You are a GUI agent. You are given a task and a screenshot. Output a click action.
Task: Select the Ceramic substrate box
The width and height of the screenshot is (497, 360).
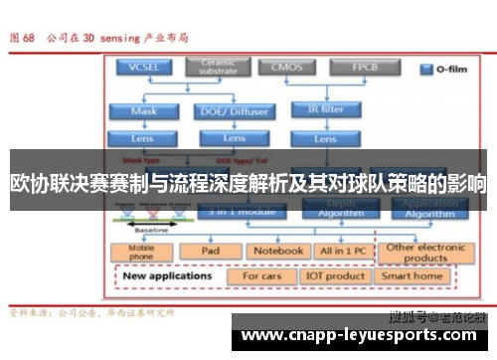[x=219, y=68]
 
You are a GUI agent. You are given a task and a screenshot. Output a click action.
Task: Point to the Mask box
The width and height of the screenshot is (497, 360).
[x=145, y=111]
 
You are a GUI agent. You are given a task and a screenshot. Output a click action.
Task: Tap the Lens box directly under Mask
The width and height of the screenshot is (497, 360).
[x=145, y=139]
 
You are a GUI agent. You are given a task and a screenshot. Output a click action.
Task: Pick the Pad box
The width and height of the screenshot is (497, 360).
[x=211, y=252]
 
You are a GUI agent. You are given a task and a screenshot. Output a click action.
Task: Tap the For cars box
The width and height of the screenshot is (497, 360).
[x=263, y=276]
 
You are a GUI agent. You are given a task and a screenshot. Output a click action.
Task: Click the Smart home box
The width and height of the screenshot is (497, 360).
[x=413, y=276]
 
